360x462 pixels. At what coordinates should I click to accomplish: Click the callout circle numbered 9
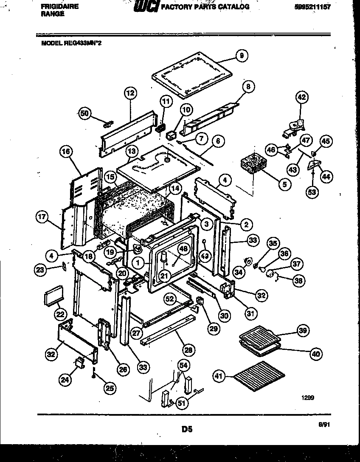(x=241, y=56)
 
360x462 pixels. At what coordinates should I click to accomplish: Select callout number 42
(x=301, y=98)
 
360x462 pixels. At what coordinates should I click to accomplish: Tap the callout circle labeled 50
(x=85, y=113)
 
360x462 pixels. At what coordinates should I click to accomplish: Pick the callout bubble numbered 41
(x=218, y=375)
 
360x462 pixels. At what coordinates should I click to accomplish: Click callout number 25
(x=110, y=387)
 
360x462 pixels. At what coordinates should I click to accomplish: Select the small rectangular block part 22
(x=53, y=295)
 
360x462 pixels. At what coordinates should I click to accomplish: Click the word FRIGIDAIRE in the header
(x=59, y=6)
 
